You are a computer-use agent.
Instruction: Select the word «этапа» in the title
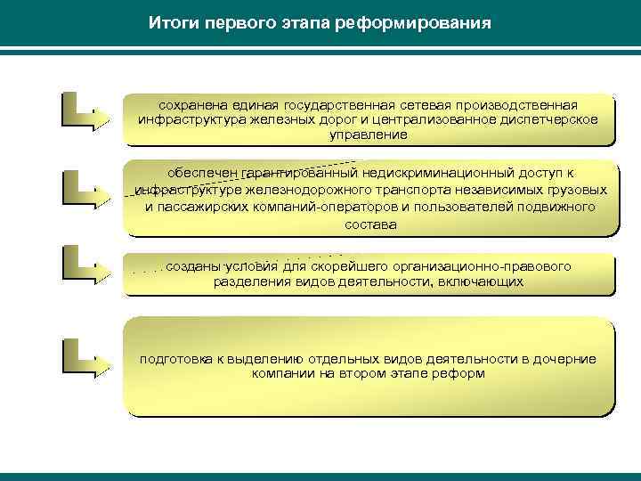300,21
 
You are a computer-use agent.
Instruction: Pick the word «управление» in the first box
368,135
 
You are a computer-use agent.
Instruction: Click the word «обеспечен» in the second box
198,174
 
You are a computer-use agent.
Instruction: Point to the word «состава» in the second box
369,224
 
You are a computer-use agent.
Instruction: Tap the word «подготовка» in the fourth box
174,359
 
